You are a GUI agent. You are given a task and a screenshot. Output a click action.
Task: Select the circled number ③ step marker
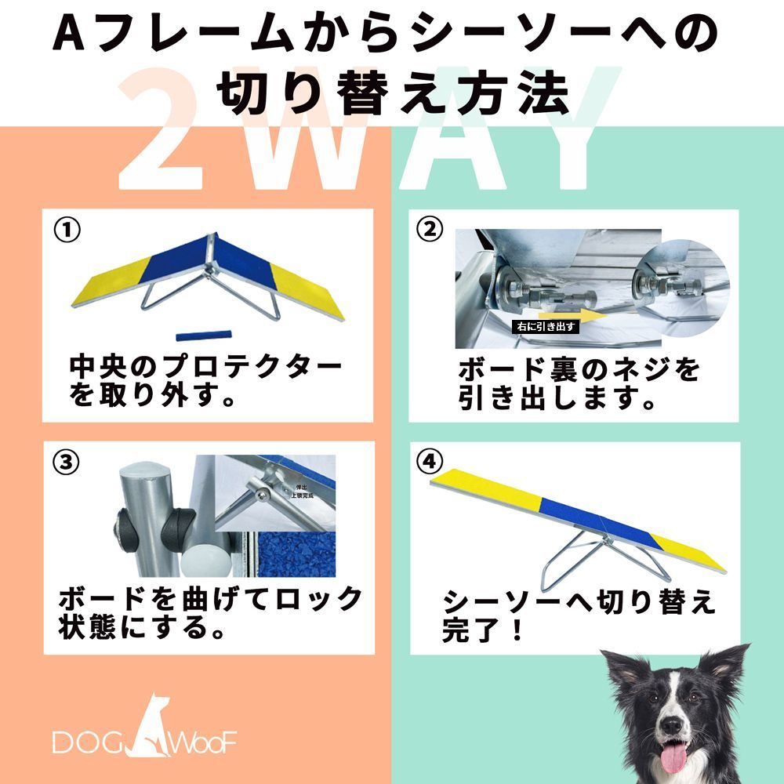point(67,462)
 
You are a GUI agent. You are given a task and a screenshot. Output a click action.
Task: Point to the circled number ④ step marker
point(428,462)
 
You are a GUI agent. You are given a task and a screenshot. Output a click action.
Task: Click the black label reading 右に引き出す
point(544,327)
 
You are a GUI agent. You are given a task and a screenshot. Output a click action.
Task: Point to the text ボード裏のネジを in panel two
point(579,370)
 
